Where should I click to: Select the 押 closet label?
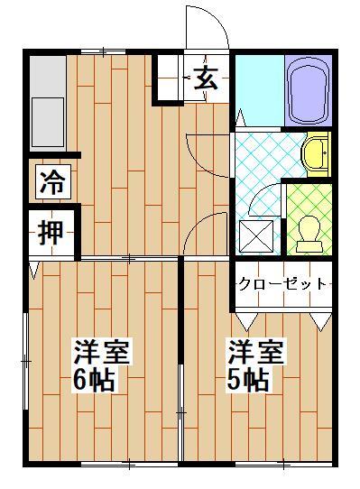click(x=51, y=233)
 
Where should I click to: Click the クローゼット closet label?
click(x=282, y=283)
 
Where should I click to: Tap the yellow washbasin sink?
click(x=315, y=154)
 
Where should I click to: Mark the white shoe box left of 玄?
click(x=168, y=78)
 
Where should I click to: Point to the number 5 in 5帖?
click(x=235, y=380)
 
